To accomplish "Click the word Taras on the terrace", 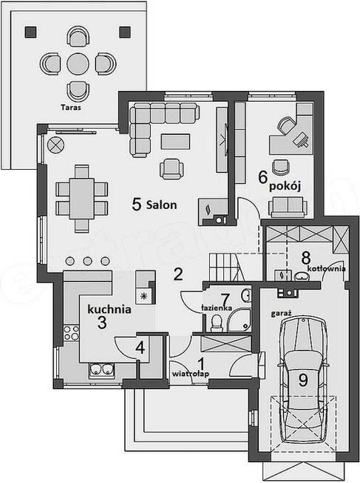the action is [71, 108].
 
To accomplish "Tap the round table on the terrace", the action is [78, 64].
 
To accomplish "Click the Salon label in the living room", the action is [161, 205].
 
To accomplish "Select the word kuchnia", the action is [109, 309].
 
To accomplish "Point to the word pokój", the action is [285, 186].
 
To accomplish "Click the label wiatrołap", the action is [191, 374].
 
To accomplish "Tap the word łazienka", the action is [217, 308].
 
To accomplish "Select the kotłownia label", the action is [327, 269].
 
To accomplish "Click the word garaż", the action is [282, 314].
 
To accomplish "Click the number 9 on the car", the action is [303, 380].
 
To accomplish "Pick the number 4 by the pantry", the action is [140, 348].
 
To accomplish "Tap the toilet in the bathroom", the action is [217, 322].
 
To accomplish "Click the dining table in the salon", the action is [81, 199].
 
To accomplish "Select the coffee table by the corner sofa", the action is [175, 141].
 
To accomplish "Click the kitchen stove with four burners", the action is [71, 333].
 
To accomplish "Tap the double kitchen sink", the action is [101, 371].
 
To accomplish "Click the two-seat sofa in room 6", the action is [288, 206].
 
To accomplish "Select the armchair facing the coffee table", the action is [171, 168].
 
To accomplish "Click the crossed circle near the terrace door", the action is [55, 144].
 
